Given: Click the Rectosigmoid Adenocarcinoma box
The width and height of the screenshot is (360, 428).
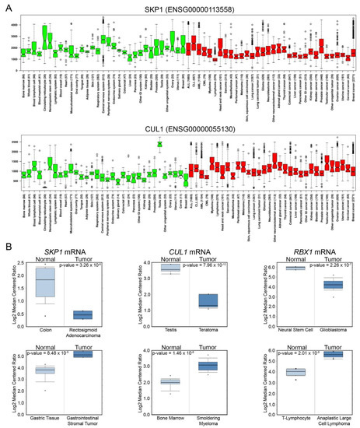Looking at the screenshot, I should pos(83,314).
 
